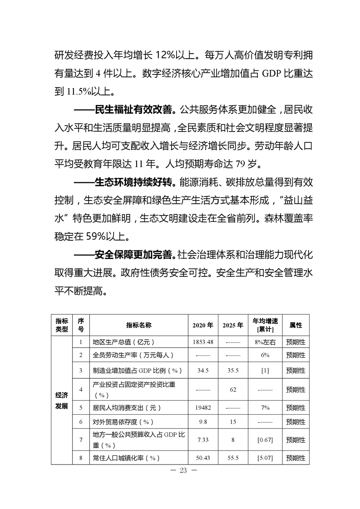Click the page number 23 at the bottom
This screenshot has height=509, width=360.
(x=183, y=470)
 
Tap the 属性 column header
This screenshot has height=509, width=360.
(x=296, y=325)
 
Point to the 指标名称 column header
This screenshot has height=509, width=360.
(x=138, y=325)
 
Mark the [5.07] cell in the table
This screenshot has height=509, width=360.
(x=265, y=458)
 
